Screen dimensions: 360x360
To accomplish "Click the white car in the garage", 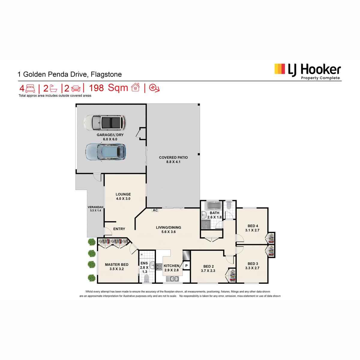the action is click(105, 123).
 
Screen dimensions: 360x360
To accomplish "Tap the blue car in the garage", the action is click(106, 152).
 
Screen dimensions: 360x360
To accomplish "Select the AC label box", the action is click(155, 210).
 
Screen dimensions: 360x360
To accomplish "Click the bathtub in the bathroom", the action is click(214, 206).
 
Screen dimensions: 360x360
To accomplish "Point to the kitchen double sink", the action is click(172, 279).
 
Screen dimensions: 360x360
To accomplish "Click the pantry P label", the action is click(186, 265).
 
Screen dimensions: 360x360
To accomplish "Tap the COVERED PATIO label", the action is click(173, 157).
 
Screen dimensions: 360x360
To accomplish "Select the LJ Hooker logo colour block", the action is click(280, 69).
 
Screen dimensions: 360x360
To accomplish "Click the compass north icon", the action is click(154, 88).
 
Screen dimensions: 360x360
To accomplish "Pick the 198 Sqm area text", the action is click(108, 88).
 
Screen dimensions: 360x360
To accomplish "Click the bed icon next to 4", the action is click(30, 88).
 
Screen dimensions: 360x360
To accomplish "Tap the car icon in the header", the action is click(76, 88).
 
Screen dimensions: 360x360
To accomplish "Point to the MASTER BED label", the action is click(117, 265).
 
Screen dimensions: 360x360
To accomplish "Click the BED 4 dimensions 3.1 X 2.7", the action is click(252, 230).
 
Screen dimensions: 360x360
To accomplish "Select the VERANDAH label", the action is click(95, 207).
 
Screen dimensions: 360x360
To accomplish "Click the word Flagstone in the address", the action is click(106, 74).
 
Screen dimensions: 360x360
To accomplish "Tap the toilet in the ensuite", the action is click(147, 278).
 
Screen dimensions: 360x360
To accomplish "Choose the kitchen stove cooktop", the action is click(159, 267).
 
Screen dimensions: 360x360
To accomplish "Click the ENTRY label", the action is click(119, 229).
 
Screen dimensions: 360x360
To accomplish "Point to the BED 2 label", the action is click(208, 266).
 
